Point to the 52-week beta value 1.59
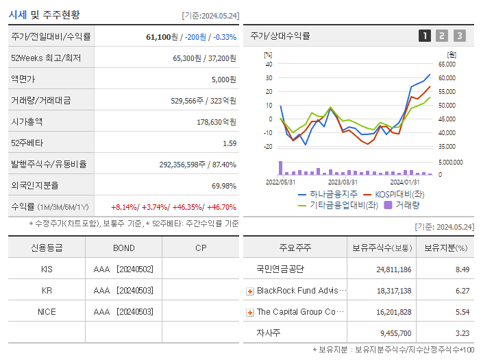pos(229,143)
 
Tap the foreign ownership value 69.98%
pos(223,185)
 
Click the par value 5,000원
pos(223,80)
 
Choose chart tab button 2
pos(442,36)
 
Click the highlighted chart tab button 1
pos(425,36)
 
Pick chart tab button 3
pos(459,36)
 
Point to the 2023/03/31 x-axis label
pos(343,182)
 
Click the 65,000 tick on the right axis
pos(447,64)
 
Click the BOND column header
pos(123,248)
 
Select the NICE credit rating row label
pos(47,311)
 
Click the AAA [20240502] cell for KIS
pos(123,269)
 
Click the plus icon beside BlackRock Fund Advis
pos(250,291)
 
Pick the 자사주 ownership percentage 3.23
pos(462,333)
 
